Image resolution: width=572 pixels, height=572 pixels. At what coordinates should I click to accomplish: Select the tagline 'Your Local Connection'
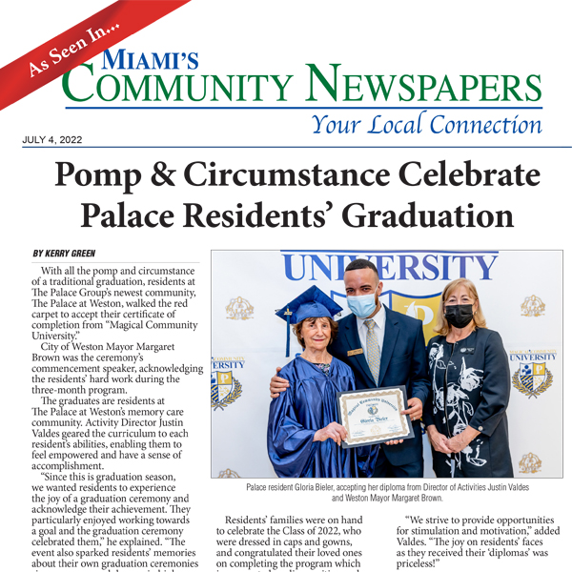tap(427, 123)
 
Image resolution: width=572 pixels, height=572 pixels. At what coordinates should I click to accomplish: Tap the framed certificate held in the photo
tap(375, 416)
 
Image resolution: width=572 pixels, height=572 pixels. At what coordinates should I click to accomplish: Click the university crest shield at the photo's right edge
tap(533, 376)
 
